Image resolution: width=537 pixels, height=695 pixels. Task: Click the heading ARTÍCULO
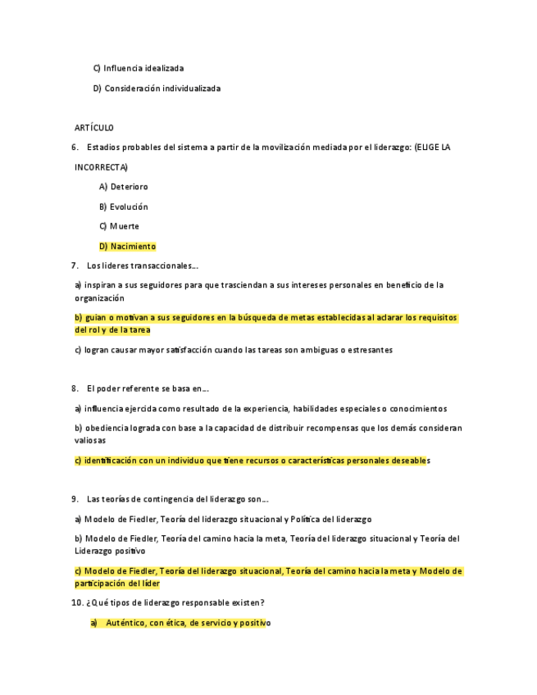click(94, 128)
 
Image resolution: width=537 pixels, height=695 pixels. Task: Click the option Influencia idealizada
click(143, 68)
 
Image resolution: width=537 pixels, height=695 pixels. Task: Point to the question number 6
click(75, 148)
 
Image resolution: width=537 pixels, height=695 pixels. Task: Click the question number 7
click(75, 266)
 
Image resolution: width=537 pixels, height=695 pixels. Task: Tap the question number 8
click(75, 388)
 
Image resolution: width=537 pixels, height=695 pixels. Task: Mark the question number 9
click(75, 499)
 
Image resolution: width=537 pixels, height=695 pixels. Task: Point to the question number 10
click(78, 603)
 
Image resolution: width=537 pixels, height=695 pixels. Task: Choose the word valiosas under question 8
click(92, 441)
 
